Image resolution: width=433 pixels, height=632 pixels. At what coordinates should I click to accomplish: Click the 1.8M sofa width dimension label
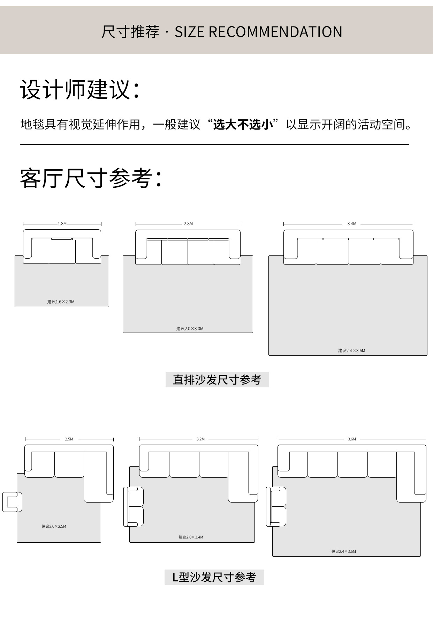coord(62,224)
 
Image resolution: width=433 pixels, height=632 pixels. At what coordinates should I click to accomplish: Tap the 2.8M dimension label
coord(188,224)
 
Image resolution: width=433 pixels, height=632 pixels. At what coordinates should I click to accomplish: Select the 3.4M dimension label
coord(352,224)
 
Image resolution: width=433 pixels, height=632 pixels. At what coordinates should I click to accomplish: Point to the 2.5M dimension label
coord(69,439)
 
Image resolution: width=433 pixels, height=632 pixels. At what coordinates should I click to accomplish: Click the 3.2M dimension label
coord(200,439)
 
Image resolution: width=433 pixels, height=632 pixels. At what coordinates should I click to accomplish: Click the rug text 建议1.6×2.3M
coord(61,302)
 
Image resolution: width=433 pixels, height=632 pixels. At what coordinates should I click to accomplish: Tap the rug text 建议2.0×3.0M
coord(190,329)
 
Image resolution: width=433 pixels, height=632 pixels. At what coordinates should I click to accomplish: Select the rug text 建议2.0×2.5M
coord(54,526)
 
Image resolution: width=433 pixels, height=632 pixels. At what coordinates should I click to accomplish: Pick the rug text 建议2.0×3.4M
coord(191,537)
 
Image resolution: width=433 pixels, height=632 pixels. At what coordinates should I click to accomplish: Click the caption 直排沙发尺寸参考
coord(217,380)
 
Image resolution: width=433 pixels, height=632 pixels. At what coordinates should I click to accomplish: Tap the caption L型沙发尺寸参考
coord(214,577)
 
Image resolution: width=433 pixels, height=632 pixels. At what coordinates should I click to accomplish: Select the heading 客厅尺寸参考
coord(91,178)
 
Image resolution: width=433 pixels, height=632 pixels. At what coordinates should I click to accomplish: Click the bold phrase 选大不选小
coord(243,124)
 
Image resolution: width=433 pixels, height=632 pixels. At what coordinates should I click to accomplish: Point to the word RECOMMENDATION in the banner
coord(275,32)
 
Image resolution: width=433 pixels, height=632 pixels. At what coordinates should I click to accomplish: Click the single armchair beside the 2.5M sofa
coord(12,502)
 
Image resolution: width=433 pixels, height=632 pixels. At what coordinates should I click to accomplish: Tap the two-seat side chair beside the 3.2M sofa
coord(134,507)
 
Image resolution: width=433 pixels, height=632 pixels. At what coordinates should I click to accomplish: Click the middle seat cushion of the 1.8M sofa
coord(62,251)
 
